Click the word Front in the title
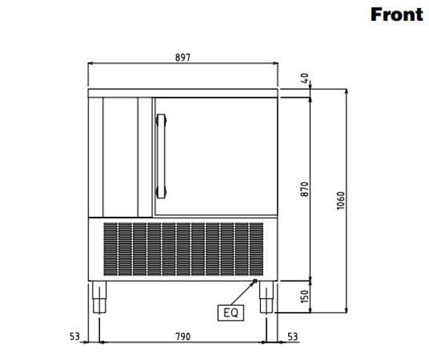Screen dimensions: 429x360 click(x=397, y=14)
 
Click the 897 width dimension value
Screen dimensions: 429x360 click(x=182, y=57)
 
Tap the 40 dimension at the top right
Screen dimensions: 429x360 click(x=305, y=79)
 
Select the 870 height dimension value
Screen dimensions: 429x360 click(x=305, y=189)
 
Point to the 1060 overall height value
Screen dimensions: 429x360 click(x=340, y=200)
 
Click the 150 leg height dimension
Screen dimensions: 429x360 click(x=305, y=296)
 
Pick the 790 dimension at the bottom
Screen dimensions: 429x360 click(x=182, y=336)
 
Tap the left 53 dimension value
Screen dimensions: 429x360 click(x=74, y=336)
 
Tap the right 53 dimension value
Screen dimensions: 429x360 click(x=292, y=336)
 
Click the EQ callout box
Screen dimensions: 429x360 click(x=231, y=313)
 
